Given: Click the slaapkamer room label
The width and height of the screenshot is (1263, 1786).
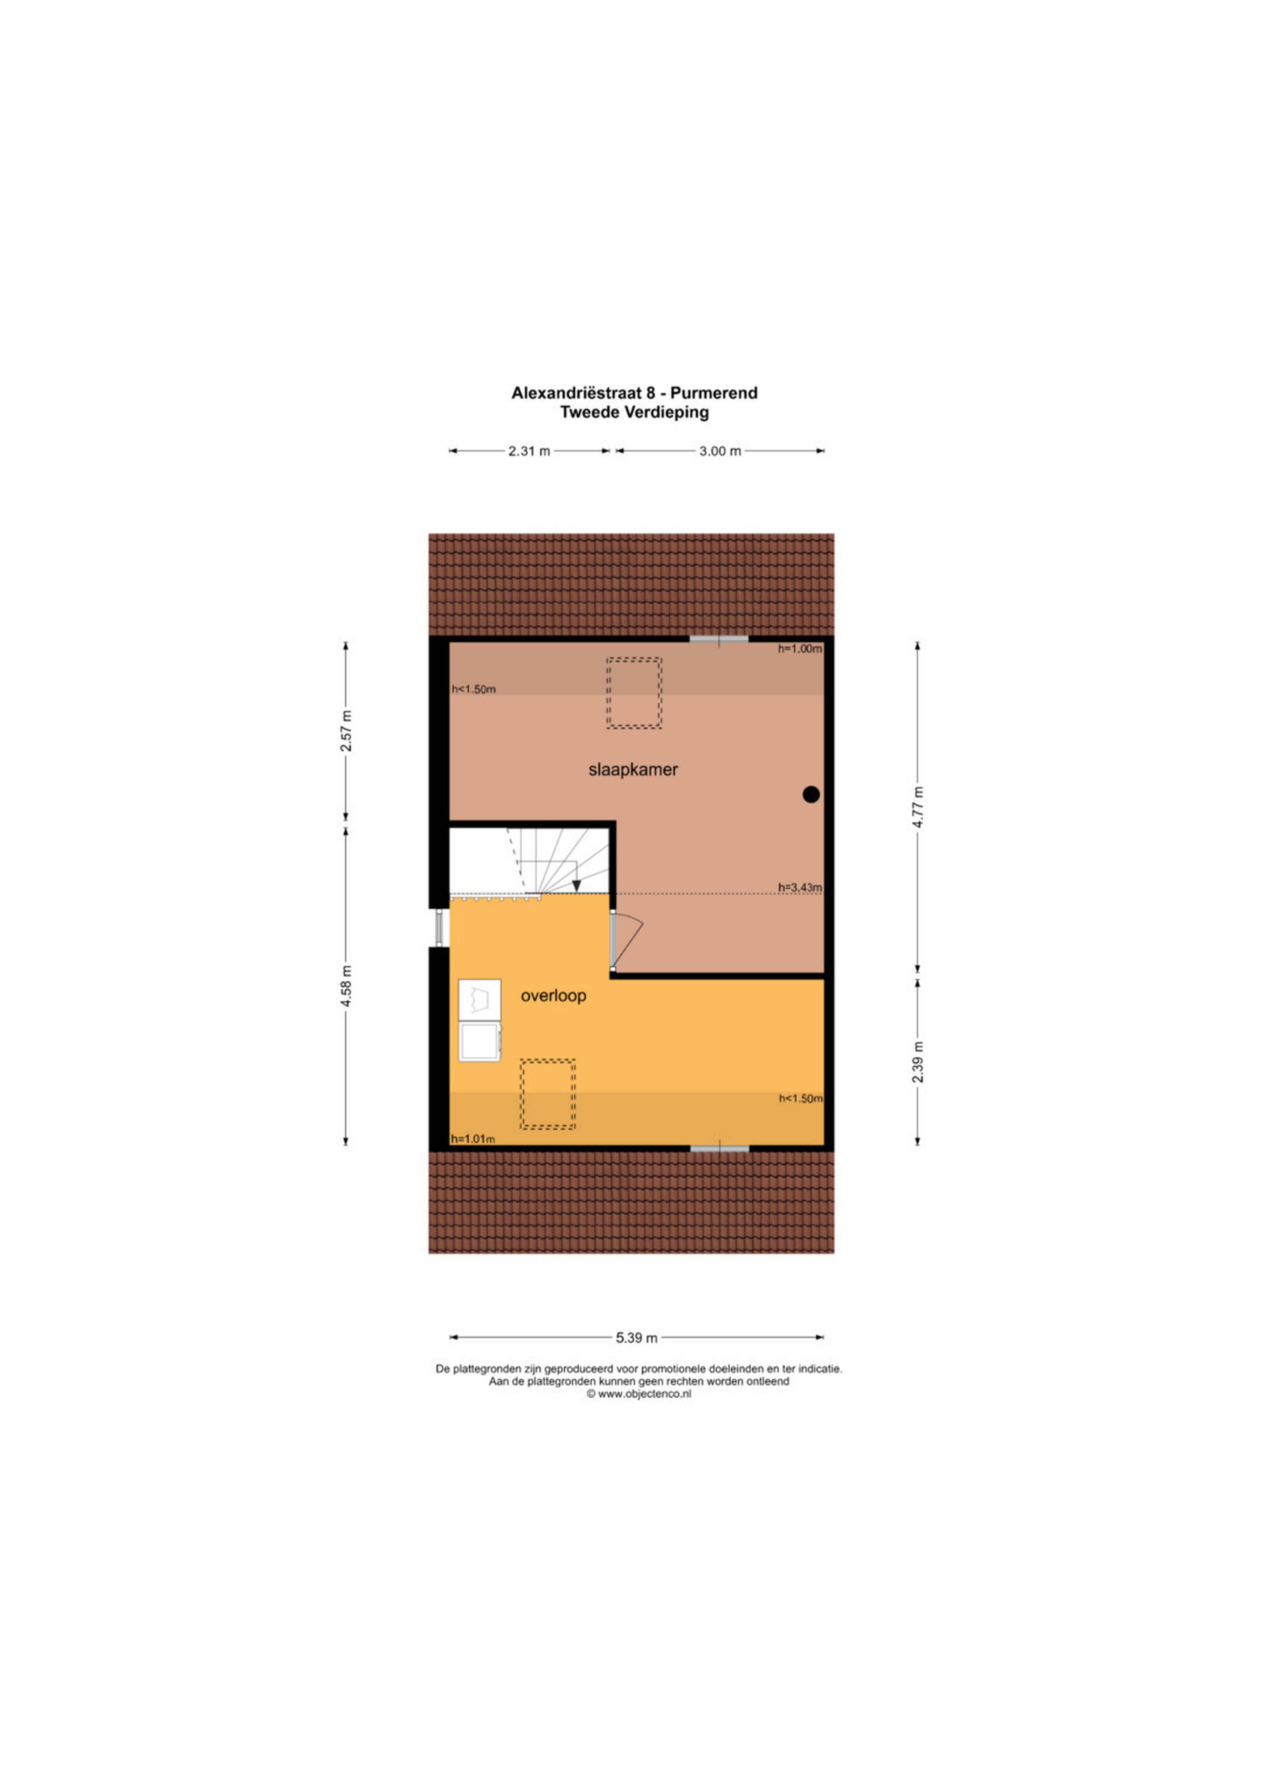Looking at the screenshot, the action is coord(633,770).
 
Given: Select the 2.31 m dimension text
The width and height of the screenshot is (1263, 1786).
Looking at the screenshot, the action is coord(530,451).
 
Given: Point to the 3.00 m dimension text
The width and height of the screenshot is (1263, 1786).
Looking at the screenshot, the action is coord(720,451).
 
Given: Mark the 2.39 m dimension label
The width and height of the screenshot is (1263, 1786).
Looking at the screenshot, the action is coord(919,1061).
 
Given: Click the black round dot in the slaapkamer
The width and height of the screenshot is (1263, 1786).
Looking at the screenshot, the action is coord(811,794).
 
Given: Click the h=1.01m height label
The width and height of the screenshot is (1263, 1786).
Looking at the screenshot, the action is coord(473,1139).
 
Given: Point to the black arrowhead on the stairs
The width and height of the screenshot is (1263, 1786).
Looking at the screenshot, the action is coord(576,885).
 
